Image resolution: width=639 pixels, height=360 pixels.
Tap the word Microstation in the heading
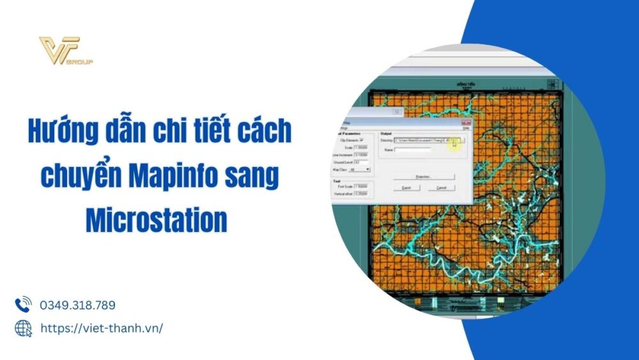157,221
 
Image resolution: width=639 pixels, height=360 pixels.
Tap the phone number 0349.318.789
77,305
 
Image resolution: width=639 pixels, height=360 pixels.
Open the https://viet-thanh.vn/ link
102,328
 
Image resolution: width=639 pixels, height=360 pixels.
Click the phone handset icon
23,304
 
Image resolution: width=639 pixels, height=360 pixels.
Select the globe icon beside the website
23,328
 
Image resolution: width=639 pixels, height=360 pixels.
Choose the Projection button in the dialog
424,176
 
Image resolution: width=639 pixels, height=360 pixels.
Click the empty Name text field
413,149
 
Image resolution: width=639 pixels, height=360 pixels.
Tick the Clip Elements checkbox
362,139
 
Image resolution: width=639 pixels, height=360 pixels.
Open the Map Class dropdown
359,169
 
